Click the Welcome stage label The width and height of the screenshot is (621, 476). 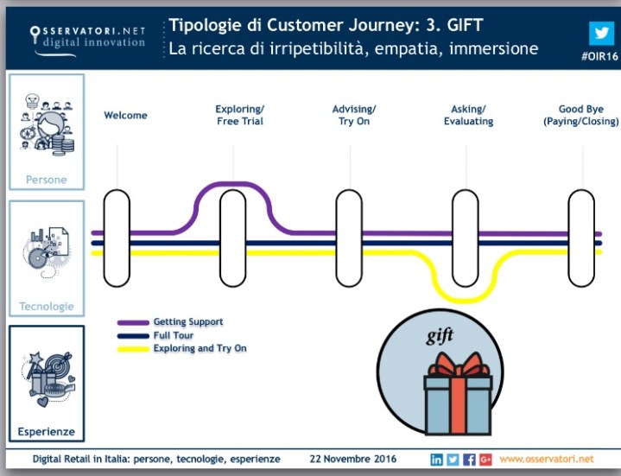pos(125,116)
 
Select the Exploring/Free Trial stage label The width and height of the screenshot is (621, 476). pos(239,116)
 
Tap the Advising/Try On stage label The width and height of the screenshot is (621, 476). pos(354,116)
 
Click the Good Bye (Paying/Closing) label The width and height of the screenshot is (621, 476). pos(580,116)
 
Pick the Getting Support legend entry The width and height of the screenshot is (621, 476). pos(187,322)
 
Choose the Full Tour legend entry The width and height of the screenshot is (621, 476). pos(173,335)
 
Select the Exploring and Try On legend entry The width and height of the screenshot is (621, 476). pos(200,348)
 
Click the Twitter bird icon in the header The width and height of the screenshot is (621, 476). pos(601,32)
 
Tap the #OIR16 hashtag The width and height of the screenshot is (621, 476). pos(599,55)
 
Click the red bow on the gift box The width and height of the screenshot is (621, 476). pos(458,364)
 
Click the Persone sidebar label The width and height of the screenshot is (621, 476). pos(46,180)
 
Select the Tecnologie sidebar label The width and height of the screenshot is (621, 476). pos(47,307)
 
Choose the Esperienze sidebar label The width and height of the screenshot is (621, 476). pos(47,431)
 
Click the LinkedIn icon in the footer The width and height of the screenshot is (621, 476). pos(437,459)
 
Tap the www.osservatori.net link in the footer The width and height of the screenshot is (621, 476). pos(547,459)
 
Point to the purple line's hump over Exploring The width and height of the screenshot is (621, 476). pos(232,183)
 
